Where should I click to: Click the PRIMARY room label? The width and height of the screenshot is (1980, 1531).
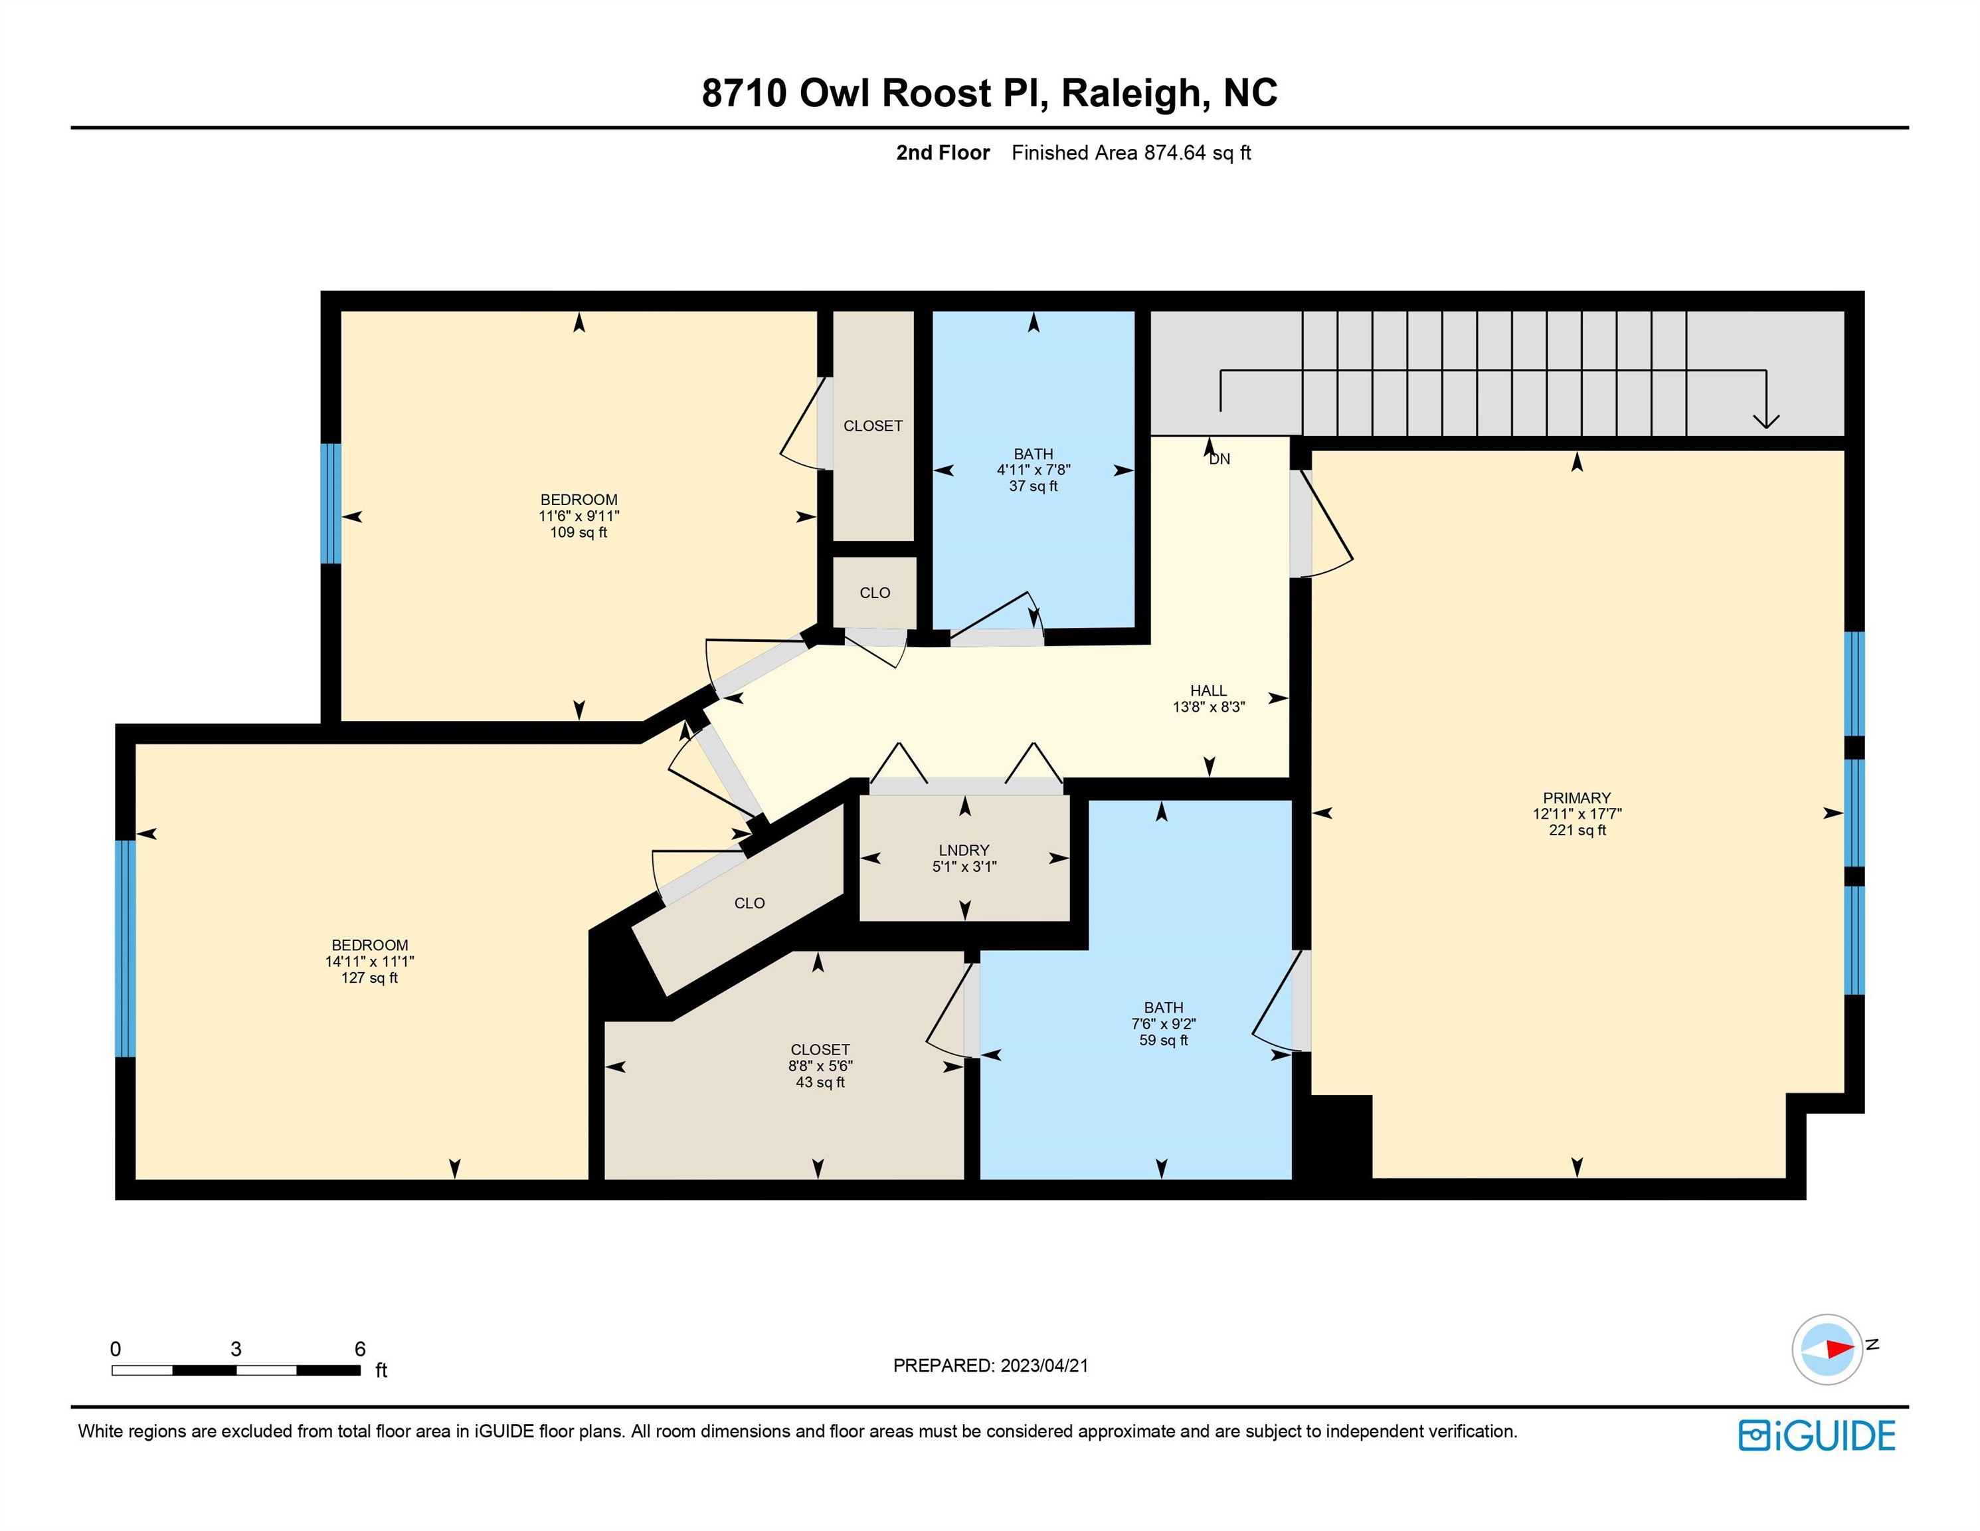1577,798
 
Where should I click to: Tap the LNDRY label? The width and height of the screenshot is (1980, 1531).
964,850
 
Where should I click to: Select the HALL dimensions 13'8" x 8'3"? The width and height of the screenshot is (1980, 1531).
1208,706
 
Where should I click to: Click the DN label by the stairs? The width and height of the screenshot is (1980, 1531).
1219,459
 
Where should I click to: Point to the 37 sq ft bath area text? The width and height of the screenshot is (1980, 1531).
1034,486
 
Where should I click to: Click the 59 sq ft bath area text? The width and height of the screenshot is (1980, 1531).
1163,1041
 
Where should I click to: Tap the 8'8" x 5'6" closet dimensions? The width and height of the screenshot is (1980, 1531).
820,1066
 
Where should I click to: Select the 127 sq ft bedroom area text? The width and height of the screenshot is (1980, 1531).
369,977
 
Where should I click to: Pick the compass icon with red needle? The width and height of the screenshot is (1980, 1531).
1827,1349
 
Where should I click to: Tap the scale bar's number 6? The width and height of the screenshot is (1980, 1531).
360,1349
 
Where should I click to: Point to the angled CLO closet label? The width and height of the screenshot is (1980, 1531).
749,903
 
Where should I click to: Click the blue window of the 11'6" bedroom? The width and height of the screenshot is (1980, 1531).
331,504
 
